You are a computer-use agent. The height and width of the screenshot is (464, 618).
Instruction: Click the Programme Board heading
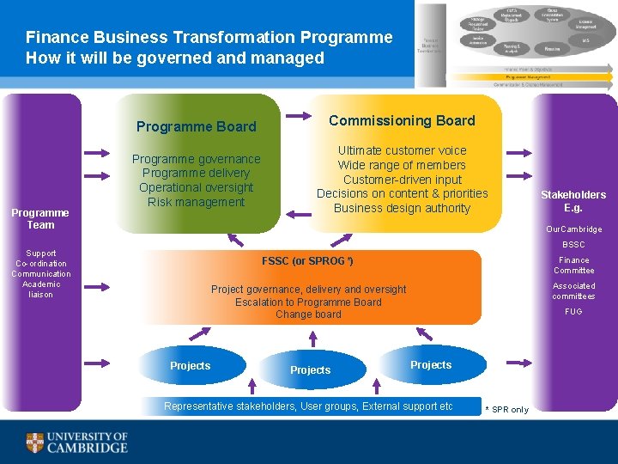coord(197,126)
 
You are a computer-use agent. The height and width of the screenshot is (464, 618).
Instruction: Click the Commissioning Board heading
coord(402,120)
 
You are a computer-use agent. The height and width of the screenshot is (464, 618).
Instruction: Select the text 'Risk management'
coord(197,202)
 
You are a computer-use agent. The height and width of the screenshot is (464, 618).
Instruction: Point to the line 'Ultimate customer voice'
coord(402,150)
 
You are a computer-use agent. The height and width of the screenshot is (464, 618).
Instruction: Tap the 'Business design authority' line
coord(402,208)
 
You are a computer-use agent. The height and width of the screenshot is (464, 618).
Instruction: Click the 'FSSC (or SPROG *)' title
coord(307,260)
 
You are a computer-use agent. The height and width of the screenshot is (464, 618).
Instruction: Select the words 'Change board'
coord(308,314)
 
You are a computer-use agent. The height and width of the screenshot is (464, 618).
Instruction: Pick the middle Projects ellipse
coord(310,369)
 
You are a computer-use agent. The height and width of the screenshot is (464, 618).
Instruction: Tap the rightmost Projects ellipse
coord(431,364)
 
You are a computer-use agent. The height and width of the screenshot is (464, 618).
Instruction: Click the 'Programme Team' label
coord(40,218)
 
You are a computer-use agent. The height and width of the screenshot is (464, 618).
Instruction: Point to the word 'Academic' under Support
coord(41,284)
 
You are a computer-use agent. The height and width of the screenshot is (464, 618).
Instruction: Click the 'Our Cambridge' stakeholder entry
coord(574,229)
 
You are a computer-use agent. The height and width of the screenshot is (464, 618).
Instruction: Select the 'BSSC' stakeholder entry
coord(573,245)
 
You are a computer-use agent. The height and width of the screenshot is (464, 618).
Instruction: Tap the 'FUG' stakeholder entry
coord(573,312)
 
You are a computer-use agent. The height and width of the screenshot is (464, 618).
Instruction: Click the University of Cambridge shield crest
coord(34,443)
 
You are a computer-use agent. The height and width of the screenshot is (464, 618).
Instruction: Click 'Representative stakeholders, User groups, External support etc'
coord(308,406)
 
